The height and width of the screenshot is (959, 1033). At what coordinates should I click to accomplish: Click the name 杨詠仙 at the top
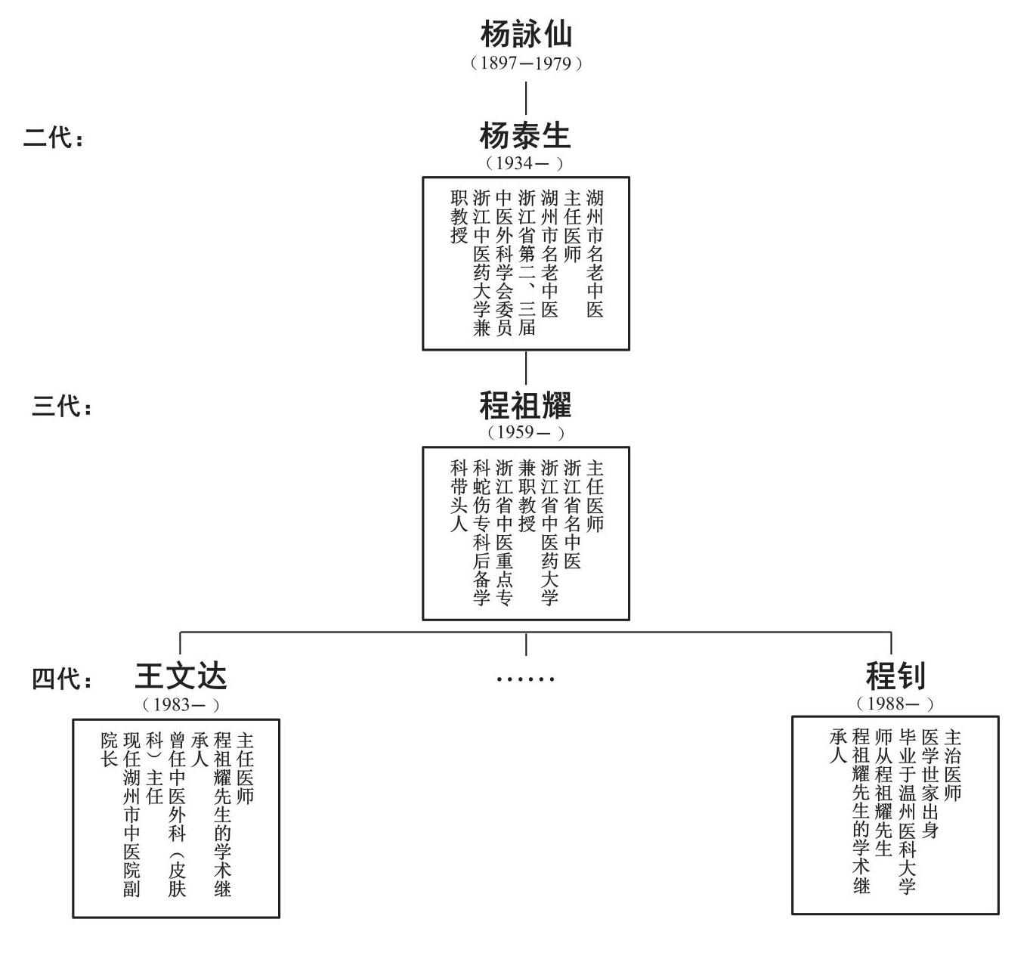pyautogui.click(x=526, y=33)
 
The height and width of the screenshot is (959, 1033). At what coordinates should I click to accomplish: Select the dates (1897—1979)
pyautogui.click(x=526, y=63)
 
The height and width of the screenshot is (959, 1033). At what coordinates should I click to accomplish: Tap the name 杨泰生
pyautogui.click(x=526, y=136)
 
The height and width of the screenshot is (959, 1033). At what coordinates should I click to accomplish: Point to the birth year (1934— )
pyautogui.click(x=525, y=163)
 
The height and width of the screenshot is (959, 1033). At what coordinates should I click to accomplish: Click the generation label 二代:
pyautogui.click(x=54, y=138)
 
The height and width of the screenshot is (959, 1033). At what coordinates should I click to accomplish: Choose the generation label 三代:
pyautogui.click(x=62, y=407)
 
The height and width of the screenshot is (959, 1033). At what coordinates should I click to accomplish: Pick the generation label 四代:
pyautogui.click(x=62, y=679)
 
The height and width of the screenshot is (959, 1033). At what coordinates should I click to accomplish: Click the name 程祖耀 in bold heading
pyautogui.click(x=526, y=406)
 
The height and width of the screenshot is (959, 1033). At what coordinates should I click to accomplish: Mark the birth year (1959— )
pyautogui.click(x=526, y=433)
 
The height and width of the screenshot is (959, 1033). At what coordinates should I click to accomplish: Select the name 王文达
pyautogui.click(x=181, y=676)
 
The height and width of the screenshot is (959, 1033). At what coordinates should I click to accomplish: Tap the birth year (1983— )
pyautogui.click(x=181, y=705)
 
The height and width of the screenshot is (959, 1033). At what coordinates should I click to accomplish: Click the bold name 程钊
pyautogui.click(x=895, y=676)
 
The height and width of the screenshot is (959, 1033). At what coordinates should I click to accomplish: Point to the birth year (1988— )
pyautogui.click(x=895, y=704)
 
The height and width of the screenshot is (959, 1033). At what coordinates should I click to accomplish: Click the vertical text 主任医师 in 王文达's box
pyautogui.click(x=245, y=767)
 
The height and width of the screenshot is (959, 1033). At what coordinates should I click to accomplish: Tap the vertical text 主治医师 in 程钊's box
pyautogui.click(x=952, y=765)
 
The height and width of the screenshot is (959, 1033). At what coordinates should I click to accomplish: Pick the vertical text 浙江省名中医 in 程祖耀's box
pyautogui.click(x=573, y=514)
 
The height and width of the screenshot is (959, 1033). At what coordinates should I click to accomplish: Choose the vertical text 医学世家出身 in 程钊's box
pyautogui.click(x=930, y=784)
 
